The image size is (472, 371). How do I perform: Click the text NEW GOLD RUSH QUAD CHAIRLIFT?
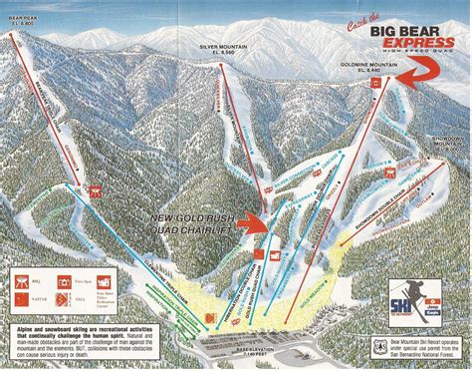click(x=193, y=223)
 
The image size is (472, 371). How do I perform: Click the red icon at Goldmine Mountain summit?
click(x=376, y=85)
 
